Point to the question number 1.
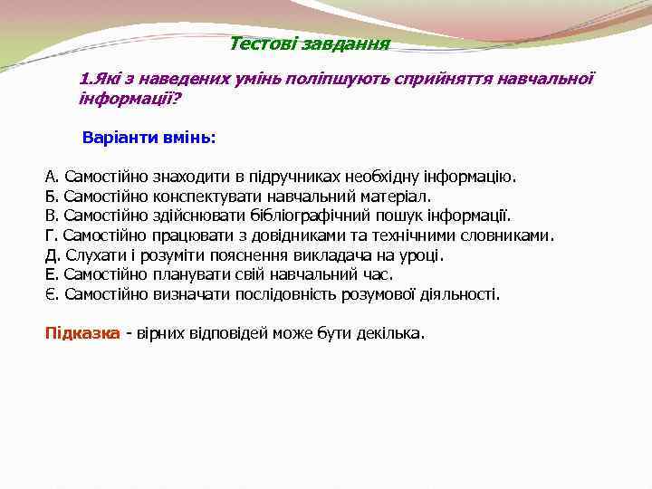[x=84, y=79]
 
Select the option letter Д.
[x=52, y=254]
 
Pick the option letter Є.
[x=51, y=294]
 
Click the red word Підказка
[x=82, y=333]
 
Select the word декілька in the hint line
[x=390, y=333]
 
